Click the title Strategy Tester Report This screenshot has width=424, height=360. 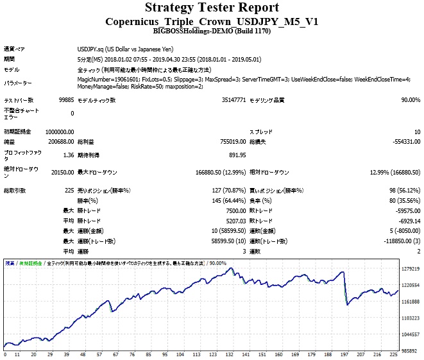[212, 8]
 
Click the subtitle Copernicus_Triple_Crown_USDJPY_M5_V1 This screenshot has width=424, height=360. [212, 21]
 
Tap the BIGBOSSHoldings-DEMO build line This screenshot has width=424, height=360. [212, 30]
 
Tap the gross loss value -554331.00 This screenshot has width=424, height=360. [402, 141]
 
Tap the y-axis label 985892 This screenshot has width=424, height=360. [410, 351]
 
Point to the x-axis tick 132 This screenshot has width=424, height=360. [228, 355]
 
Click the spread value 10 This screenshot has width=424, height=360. [417, 132]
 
